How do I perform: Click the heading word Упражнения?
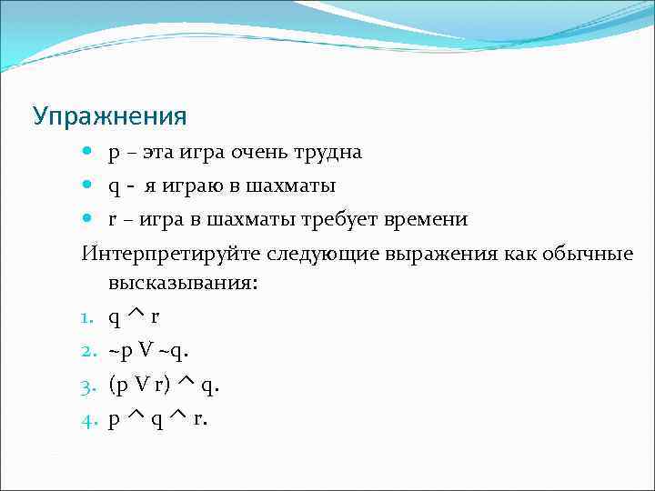pos(110,116)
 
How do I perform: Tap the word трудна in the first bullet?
pos(329,152)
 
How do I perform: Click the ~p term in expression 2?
pos(118,351)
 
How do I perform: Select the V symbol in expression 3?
pos(142,385)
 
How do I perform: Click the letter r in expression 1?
pos(156,318)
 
